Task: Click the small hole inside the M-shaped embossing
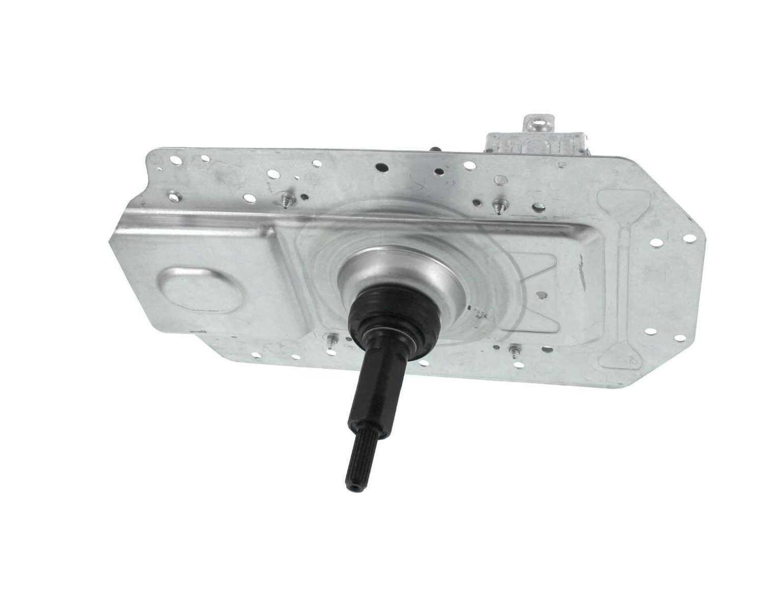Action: (544, 294)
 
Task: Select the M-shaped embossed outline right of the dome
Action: (550, 285)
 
